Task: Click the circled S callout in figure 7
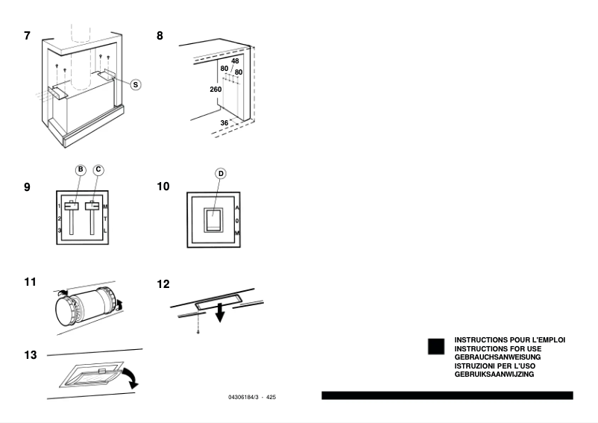coord(135,85)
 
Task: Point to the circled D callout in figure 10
coord(220,173)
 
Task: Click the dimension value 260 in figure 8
coord(215,89)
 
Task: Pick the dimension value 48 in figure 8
coord(235,61)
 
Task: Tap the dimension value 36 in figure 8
coord(224,122)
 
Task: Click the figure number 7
coord(28,36)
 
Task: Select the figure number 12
coord(164,284)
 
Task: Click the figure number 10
coord(163,186)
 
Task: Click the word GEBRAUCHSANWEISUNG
coord(496,357)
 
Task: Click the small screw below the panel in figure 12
coord(197,330)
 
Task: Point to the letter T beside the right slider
coord(105,219)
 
